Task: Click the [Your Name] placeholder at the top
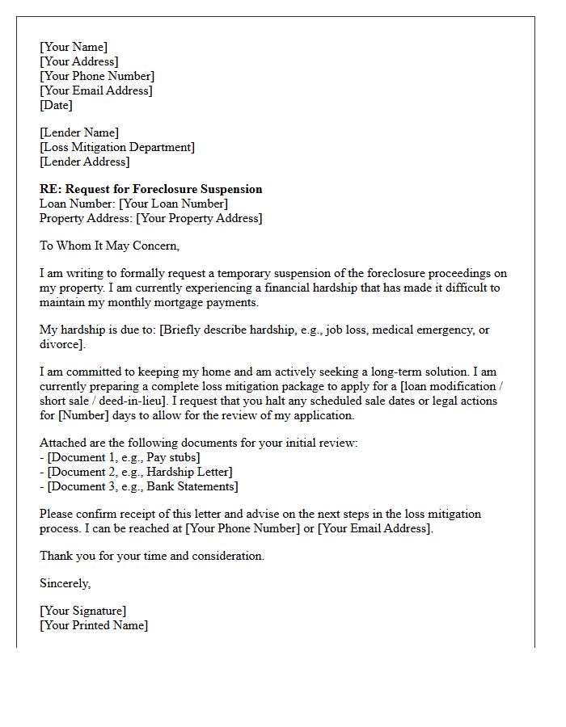pos(74,47)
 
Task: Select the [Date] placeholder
pos(56,105)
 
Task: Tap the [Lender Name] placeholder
pos(79,132)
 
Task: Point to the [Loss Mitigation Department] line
pos(117,147)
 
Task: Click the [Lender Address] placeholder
pos(84,162)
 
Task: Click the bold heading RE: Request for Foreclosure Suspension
pos(151,189)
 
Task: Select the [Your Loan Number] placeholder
pos(173,204)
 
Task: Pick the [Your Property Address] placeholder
pos(199,218)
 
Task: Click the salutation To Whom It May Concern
pos(110,246)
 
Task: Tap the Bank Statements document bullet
pos(143,486)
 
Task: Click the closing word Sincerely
pos(65,583)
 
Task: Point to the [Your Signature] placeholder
pos(83,611)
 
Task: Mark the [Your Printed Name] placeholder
pos(94,625)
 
